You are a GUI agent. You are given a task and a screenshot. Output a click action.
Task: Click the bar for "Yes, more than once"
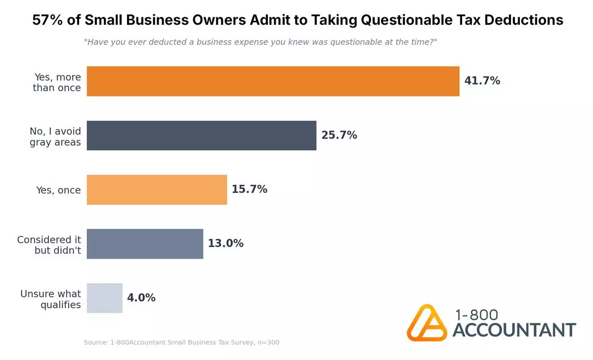click(273, 81)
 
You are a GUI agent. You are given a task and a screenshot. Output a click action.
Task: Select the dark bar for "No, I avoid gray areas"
click(201, 135)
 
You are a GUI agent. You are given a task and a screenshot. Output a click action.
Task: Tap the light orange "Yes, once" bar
click(157, 189)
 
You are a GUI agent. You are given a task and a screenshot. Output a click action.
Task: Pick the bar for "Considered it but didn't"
click(145, 244)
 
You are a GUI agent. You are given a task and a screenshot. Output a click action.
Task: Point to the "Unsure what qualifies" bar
click(104, 298)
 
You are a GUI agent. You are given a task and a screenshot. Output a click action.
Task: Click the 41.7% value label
click(482, 81)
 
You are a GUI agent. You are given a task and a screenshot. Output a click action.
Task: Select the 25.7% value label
click(339, 135)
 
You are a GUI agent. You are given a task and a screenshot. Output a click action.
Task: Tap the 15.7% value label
click(250, 189)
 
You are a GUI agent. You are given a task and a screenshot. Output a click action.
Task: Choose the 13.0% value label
click(225, 244)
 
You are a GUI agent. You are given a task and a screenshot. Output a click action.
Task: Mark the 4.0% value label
click(141, 298)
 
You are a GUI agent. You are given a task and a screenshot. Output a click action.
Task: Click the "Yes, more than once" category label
click(57, 83)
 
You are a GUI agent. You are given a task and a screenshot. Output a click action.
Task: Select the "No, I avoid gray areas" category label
click(55, 137)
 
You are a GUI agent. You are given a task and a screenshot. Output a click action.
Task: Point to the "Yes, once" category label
click(58, 190)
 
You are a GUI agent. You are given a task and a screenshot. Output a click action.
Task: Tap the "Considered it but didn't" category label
click(49, 245)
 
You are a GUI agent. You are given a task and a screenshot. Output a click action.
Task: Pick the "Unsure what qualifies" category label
click(50, 299)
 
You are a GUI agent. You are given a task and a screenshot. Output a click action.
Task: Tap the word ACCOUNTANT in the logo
click(514, 330)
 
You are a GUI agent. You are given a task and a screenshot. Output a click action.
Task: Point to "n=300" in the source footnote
click(269, 342)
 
